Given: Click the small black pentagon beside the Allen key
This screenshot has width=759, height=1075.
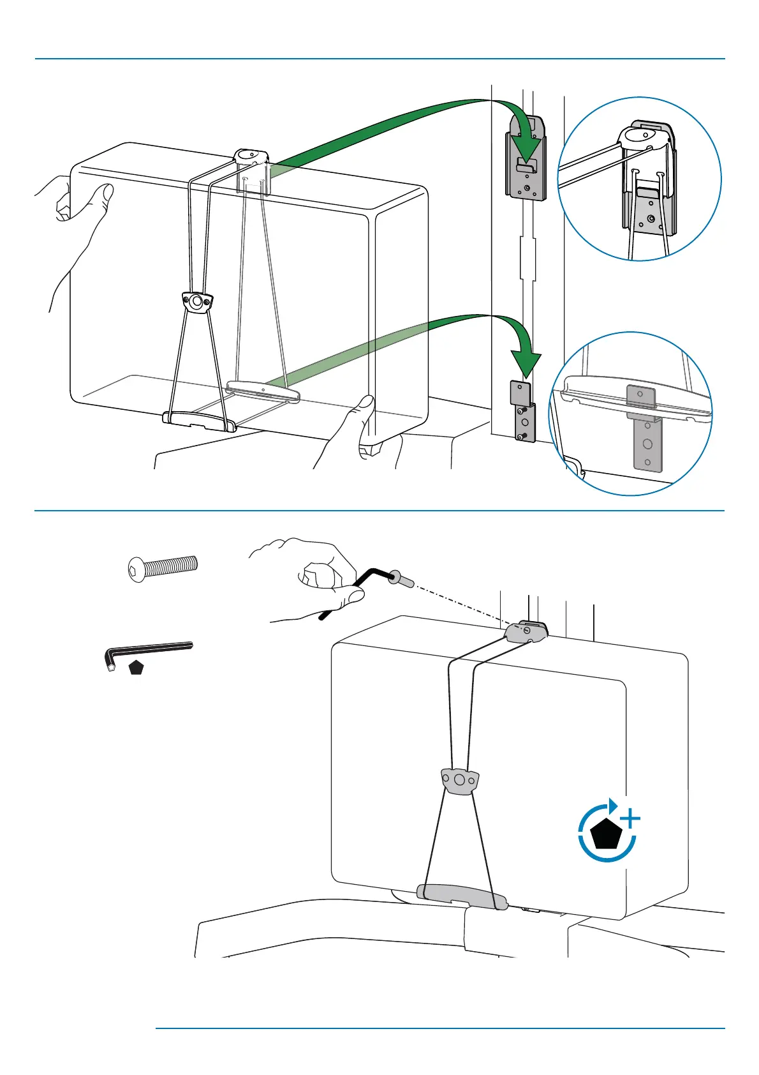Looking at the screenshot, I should [x=136, y=668].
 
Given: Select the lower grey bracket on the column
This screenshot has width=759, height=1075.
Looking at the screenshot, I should [x=523, y=412].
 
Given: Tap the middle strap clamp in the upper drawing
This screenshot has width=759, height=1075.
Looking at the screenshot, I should [x=197, y=302].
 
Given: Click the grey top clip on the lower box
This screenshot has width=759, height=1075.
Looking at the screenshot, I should [x=527, y=631].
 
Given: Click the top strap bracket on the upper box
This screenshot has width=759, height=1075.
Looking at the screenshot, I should [x=253, y=156].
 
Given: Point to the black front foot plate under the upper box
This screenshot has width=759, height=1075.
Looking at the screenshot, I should [x=199, y=421].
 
